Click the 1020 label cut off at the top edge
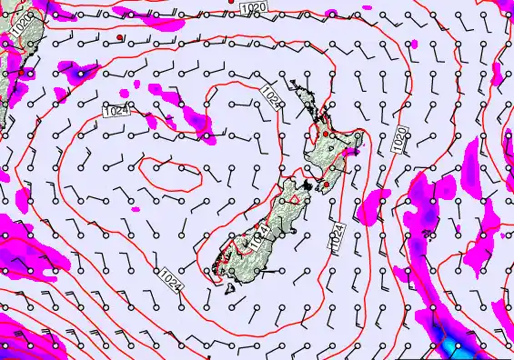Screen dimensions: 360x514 coord(255,7)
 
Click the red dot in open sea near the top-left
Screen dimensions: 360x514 coord(119,38)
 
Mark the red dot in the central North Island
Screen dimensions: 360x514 coord(326,134)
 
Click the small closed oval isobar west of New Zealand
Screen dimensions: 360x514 coord(171,169)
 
